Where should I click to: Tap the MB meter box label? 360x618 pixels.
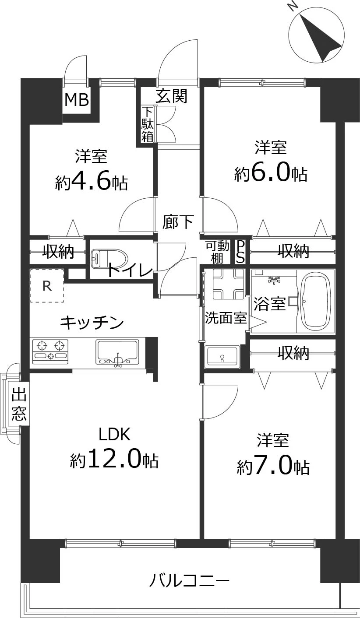click(x=77, y=100)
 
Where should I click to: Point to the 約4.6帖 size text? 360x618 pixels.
click(x=91, y=182)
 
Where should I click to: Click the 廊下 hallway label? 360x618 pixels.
click(x=178, y=221)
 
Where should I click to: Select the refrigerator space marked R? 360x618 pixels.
click(x=47, y=286)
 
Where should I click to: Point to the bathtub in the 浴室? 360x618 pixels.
click(x=315, y=301)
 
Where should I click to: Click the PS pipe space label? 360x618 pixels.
click(x=240, y=251)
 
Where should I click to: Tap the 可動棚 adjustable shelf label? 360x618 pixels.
click(x=217, y=251)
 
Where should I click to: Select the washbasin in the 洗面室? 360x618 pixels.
click(x=222, y=356)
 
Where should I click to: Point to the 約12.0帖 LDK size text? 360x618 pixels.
click(x=114, y=460)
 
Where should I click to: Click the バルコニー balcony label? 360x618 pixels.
click(x=189, y=581)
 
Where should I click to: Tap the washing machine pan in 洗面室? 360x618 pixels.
click(x=228, y=284)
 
